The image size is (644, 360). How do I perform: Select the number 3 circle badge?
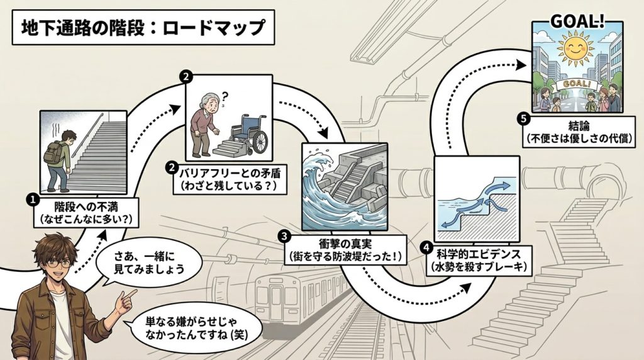click(284, 236)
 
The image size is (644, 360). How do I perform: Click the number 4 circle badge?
click(428, 247)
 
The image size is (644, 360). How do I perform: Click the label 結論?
click(577, 125)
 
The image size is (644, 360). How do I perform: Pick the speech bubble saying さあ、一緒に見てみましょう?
click(148, 264)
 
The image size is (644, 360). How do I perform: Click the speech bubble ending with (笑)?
click(192, 328)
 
